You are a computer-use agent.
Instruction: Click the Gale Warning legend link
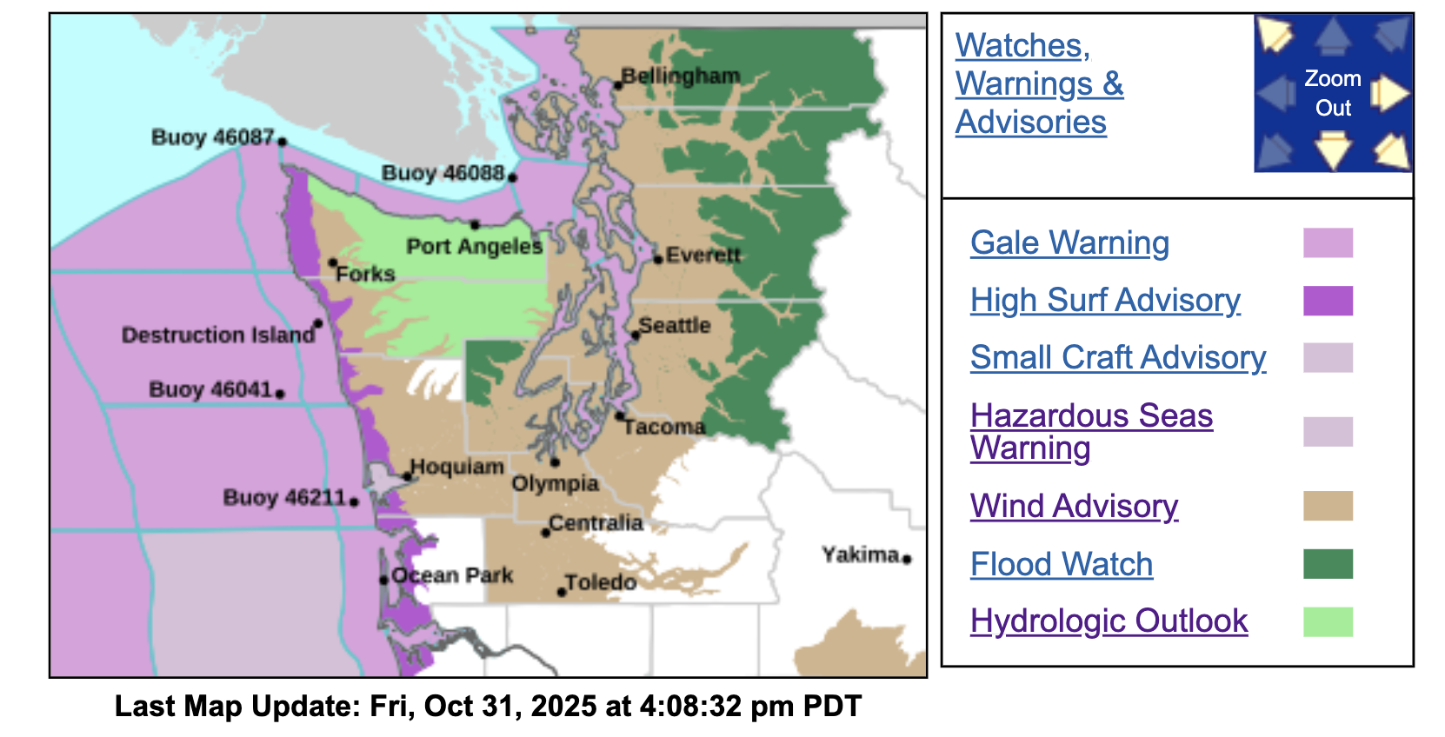pyautogui.click(x=1069, y=243)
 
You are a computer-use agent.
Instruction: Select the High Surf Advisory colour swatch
pyautogui.click(x=1328, y=301)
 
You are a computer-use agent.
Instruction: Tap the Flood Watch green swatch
pyautogui.click(x=1328, y=564)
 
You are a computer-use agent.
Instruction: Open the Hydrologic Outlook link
pyautogui.click(x=1109, y=621)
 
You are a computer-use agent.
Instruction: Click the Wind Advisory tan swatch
pyautogui.click(x=1328, y=506)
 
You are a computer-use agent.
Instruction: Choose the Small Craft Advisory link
pyautogui.click(x=1118, y=358)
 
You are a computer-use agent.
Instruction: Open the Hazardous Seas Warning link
pyautogui.click(x=1091, y=432)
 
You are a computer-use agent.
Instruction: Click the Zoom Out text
pyautogui.click(x=1333, y=93)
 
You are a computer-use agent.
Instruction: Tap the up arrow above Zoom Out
pyautogui.click(x=1333, y=37)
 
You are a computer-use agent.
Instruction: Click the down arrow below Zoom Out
pyautogui.click(x=1333, y=149)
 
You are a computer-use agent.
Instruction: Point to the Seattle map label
pyautogui.click(x=675, y=326)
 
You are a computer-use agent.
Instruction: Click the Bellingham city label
pyautogui.click(x=681, y=76)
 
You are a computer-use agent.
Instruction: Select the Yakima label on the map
pyautogui.click(x=860, y=554)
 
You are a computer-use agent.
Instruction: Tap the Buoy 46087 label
pyautogui.click(x=212, y=137)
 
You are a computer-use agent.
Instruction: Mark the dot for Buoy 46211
pyautogui.click(x=354, y=501)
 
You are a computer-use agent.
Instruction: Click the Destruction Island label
pyautogui.click(x=217, y=335)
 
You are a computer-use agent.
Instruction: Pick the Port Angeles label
pyautogui.click(x=474, y=247)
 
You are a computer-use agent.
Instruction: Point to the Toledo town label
pyautogui.click(x=601, y=582)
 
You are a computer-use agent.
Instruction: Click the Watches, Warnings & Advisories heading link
pyautogui.click(x=1039, y=84)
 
